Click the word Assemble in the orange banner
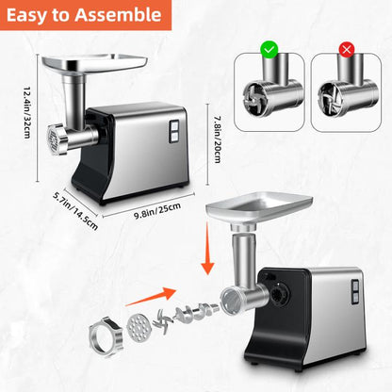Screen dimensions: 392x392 [118, 15]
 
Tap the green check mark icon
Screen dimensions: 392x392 [269, 49]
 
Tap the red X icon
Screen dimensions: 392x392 [347, 50]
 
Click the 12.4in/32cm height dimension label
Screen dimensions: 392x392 [28, 112]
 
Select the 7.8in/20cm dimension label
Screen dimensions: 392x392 [218, 139]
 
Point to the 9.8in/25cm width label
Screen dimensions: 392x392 [157, 211]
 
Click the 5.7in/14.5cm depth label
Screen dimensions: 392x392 [75, 210]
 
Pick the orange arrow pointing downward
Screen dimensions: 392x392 [207, 248]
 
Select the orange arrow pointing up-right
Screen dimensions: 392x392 [151, 297]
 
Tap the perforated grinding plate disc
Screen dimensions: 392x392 [139, 328]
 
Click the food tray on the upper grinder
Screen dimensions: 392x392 [95, 63]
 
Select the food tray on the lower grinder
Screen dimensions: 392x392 [259, 207]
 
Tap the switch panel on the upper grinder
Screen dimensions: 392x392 [173, 131]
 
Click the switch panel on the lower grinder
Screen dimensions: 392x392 [355, 292]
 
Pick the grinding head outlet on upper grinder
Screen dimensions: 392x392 [57, 139]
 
